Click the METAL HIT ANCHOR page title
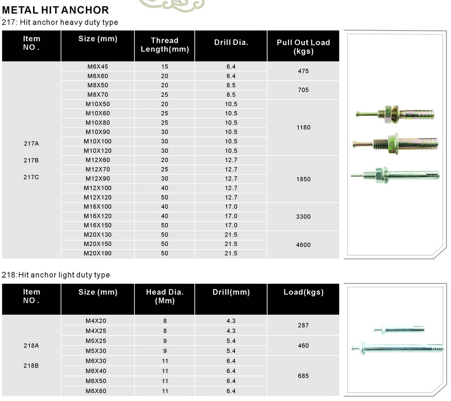click(55, 10)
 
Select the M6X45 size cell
click(97, 67)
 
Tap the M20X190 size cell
click(97, 253)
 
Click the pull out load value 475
click(303, 71)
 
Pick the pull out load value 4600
click(303, 245)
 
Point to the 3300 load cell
click(303, 216)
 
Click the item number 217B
click(31, 160)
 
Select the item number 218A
click(31, 346)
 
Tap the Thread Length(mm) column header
click(165, 45)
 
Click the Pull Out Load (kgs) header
click(303, 47)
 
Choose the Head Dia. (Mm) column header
click(165, 297)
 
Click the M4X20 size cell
click(97, 321)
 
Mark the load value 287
click(303, 325)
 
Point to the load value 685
click(303, 376)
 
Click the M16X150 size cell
click(97, 225)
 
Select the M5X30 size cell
click(97, 351)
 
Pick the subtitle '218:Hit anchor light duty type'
click(56, 275)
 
